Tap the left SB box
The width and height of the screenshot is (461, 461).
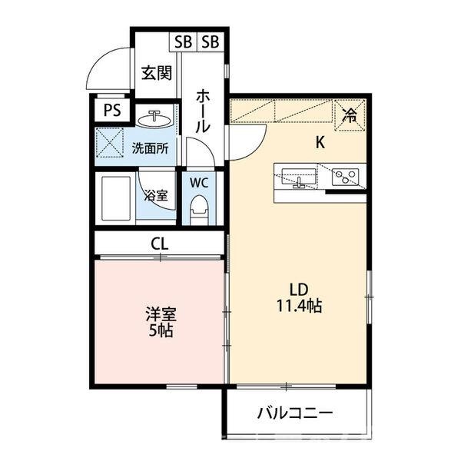point(183,41)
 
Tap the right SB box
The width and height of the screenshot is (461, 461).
point(211,41)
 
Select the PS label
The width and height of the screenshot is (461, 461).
point(112,110)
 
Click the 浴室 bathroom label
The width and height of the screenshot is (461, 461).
point(158,195)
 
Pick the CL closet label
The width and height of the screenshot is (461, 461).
point(160,244)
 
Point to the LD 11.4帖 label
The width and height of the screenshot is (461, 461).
point(299,297)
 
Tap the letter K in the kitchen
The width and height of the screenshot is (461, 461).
point(322,142)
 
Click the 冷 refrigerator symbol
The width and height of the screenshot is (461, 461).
point(349,116)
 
